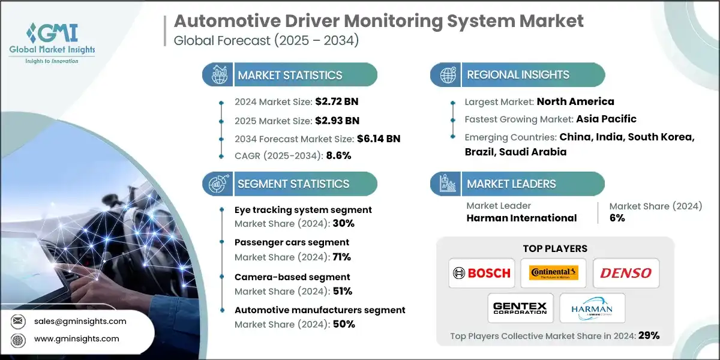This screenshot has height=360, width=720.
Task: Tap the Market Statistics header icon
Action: tap(217, 75)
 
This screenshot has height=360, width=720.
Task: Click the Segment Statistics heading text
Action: tap(293, 184)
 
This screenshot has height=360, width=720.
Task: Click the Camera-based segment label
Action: tap(292, 277)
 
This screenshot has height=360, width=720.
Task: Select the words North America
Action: tap(575, 101)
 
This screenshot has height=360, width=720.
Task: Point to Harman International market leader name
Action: tap(521, 218)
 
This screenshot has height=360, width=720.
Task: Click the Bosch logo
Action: tap(481, 273)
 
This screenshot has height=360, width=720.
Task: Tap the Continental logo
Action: tap(553, 273)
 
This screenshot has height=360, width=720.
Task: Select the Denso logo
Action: tap(626, 273)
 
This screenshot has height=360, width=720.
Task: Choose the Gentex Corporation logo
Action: tap(520, 308)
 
